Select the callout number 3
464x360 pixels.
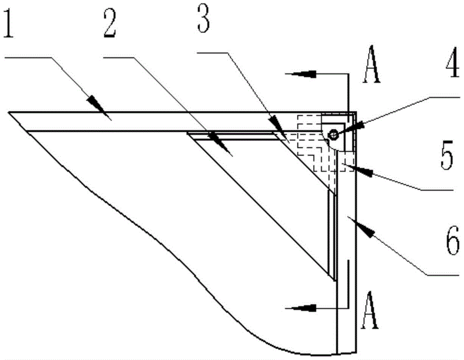point(203,20)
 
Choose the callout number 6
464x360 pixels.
point(453,240)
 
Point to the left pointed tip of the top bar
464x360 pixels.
point(9,112)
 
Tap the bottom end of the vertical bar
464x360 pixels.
point(347,353)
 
